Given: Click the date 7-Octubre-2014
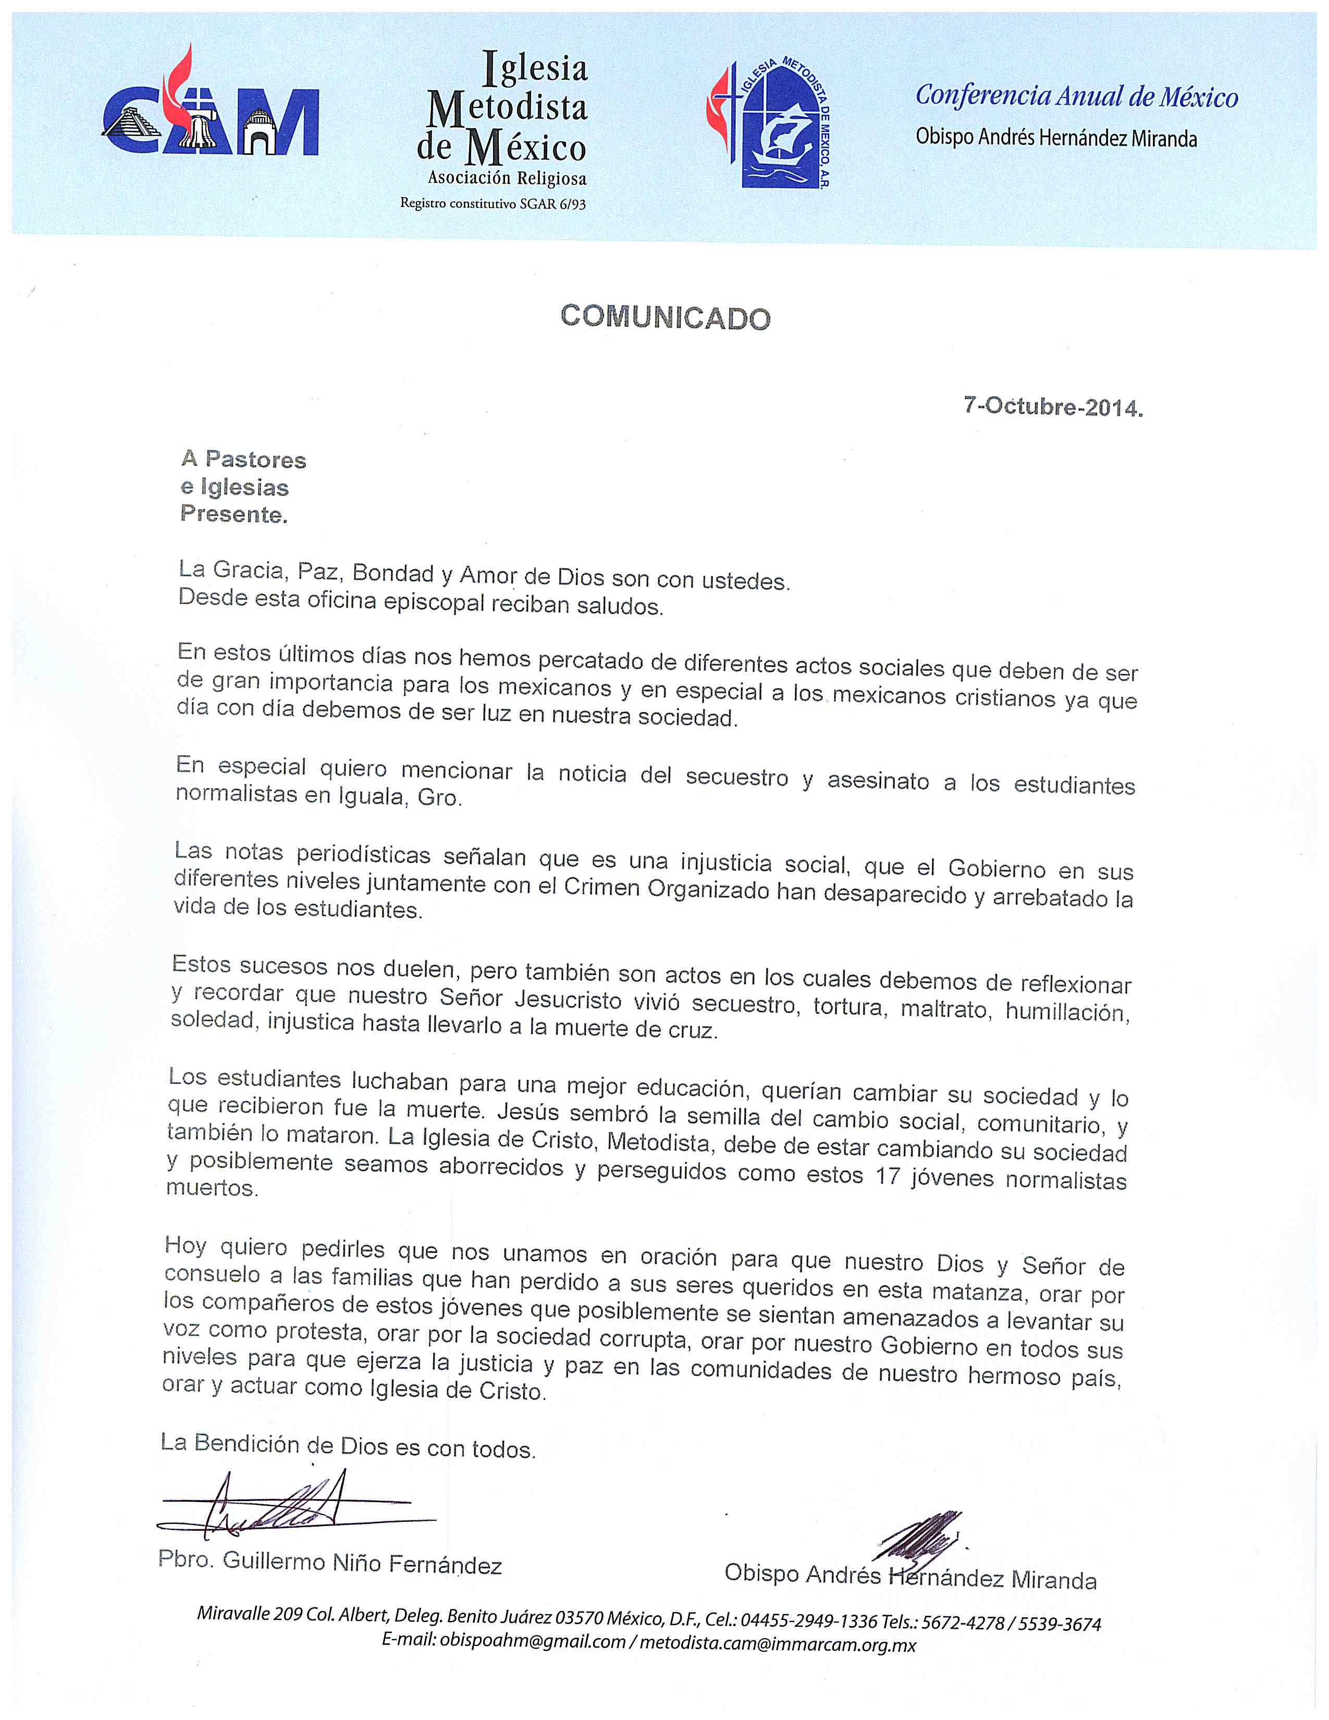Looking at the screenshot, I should click(x=1053, y=407).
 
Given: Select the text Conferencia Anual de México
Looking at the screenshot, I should click(x=1076, y=96).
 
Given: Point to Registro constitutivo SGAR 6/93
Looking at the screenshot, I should click(x=493, y=203).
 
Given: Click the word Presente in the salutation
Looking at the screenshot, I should click(x=233, y=514).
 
